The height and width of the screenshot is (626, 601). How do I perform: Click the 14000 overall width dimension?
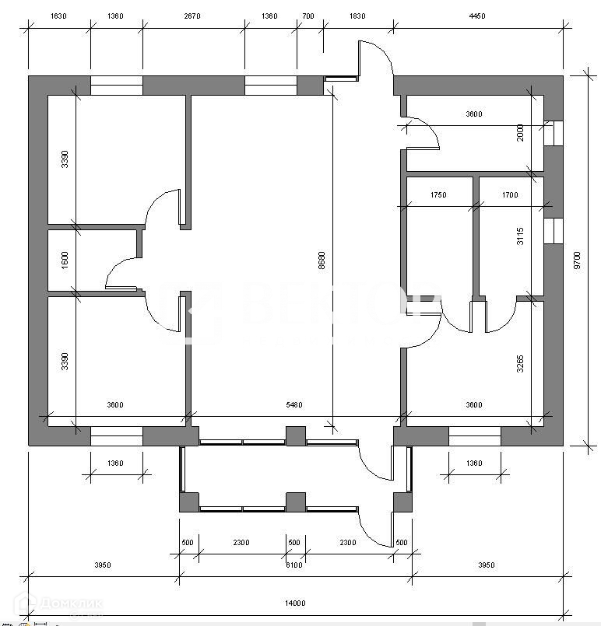(x=295, y=603)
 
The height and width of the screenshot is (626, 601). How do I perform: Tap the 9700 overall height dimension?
(x=577, y=258)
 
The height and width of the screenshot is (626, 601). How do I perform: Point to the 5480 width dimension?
(x=293, y=404)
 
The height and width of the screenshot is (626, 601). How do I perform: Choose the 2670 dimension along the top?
(x=192, y=16)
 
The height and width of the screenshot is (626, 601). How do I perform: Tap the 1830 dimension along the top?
(x=357, y=16)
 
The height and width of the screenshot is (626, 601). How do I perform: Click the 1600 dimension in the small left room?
(x=65, y=260)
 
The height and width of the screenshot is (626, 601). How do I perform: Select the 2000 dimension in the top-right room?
(x=521, y=134)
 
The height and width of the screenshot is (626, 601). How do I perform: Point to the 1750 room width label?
(x=438, y=195)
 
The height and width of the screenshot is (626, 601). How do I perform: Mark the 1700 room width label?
(x=509, y=195)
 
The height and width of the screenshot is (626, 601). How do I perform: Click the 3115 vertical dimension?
(x=521, y=237)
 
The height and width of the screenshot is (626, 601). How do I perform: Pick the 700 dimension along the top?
(x=308, y=16)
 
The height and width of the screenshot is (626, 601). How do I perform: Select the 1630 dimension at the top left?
(x=59, y=16)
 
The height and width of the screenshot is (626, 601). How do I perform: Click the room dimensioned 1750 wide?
(x=439, y=249)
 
